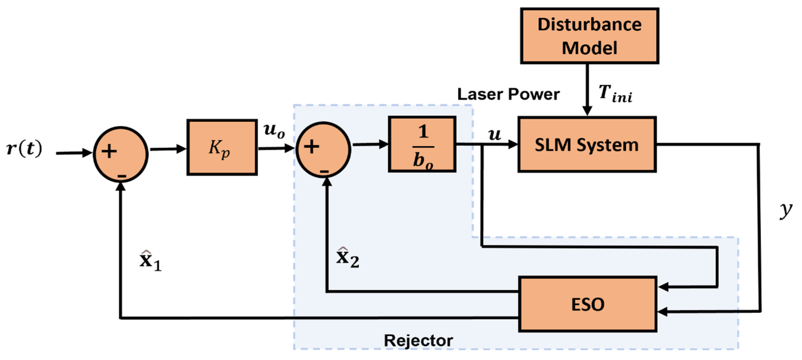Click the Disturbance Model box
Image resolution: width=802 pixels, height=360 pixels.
pos(589,36)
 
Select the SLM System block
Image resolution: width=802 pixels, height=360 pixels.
pos(587,145)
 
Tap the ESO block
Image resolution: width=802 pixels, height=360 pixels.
pos(587,304)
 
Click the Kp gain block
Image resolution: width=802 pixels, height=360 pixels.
pos(222,147)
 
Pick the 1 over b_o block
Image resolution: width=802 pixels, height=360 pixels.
pos(422,144)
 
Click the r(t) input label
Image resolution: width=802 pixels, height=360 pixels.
pos(24,149)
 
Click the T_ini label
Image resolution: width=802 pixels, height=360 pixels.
pos(615,93)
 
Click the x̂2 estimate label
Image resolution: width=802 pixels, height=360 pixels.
pos(347,258)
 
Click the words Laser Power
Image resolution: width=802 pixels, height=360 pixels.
pos(508,94)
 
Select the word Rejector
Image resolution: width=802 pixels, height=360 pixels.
pos(418,340)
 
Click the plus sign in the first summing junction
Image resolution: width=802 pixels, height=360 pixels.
pos(109,152)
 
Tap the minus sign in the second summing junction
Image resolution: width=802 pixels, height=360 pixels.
pos(324,171)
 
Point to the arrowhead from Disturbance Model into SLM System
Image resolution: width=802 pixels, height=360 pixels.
pos(587,111)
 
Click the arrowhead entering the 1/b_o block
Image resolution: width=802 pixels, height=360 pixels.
pos(384,144)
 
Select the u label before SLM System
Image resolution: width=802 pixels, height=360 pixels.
pos(494,134)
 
